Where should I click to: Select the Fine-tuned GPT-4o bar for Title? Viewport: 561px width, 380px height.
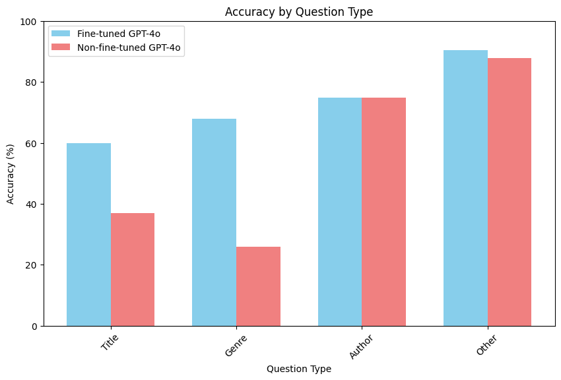(89, 234)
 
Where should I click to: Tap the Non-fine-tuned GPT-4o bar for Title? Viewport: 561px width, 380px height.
(133, 269)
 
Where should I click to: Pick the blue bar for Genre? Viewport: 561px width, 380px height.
(214, 222)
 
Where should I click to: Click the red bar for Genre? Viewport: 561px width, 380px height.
(258, 286)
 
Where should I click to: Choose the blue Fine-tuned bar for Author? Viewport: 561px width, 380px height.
(340, 212)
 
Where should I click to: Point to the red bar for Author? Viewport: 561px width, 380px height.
(383, 212)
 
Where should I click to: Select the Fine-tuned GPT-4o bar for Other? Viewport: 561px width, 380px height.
(465, 188)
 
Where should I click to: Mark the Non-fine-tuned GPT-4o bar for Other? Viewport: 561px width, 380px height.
(509, 192)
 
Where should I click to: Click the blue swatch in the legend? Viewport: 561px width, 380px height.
(63, 34)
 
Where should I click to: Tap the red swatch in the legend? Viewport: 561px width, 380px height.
(63, 47)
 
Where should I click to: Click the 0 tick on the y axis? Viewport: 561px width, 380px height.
(35, 326)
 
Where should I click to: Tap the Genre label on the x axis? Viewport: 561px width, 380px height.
(236, 344)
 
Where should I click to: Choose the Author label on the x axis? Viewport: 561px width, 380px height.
(361, 346)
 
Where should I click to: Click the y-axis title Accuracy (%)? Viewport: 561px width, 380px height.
(11, 174)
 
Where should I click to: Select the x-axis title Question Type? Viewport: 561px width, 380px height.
(298, 369)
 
